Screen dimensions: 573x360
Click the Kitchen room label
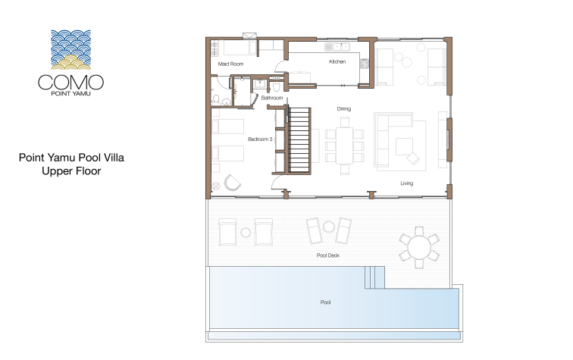pyautogui.click(x=337, y=61)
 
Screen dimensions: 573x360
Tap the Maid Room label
pyautogui.click(x=230, y=64)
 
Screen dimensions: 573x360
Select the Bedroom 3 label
pyautogui.click(x=260, y=139)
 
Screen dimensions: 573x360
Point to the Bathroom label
pyautogui.click(x=272, y=98)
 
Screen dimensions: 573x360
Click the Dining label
pyautogui.click(x=343, y=109)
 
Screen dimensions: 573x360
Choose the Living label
pyautogui.click(x=406, y=183)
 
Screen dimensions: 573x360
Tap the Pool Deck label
pyautogui.click(x=327, y=255)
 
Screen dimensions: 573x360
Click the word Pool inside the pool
pyautogui.click(x=325, y=302)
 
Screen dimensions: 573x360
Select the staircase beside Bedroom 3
pyautogui.click(x=299, y=140)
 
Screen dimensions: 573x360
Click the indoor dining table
pyautogui.click(x=344, y=145)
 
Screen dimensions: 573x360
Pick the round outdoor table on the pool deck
pyautogui.click(x=419, y=247)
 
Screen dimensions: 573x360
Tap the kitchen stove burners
pyautogui.click(x=365, y=64)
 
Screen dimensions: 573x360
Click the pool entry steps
pyautogui.click(x=374, y=277)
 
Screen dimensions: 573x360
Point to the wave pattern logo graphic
pyautogui.click(x=71, y=50)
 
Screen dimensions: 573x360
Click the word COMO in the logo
pyautogui.click(x=71, y=83)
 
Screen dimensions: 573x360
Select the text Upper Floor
pyautogui.click(x=71, y=171)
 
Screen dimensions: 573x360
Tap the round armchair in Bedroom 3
pyautogui.click(x=233, y=183)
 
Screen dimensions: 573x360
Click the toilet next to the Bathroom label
pyautogui.click(x=276, y=87)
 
